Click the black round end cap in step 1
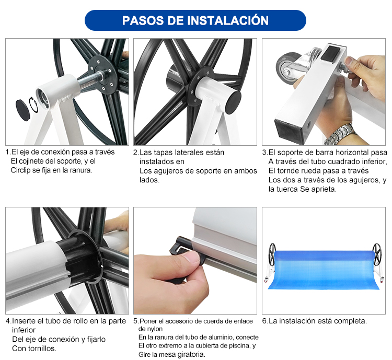point(22,110)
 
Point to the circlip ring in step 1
point(33,105)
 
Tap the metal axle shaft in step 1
point(91,79)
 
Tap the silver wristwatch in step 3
point(340,135)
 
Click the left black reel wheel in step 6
point(272,253)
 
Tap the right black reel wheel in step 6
point(376,253)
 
